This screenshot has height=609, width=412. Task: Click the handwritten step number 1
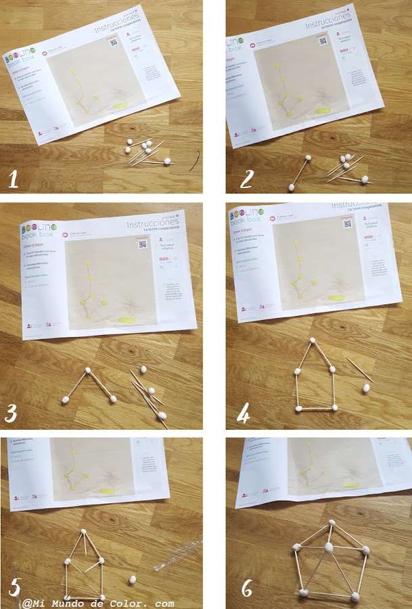pyautogui.click(x=14, y=179)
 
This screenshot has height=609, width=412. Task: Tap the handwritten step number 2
pyautogui.click(x=247, y=179)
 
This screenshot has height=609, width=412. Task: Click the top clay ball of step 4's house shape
pyautogui.click(x=313, y=342)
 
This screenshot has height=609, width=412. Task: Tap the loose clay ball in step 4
pyautogui.click(x=367, y=388)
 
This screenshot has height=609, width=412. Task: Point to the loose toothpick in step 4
pyautogui.click(x=359, y=369)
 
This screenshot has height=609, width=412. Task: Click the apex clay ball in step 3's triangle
pyautogui.click(x=87, y=371)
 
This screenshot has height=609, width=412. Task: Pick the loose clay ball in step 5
pyautogui.click(x=133, y=580)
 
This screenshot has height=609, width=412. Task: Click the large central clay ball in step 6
pyautogui.click(x=328, y=547)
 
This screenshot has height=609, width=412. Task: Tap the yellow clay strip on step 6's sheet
pyautogui.click(x=349, y=484)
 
